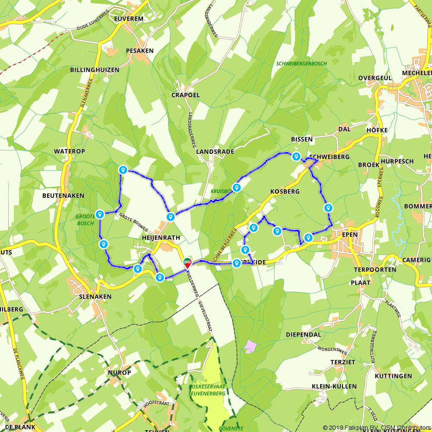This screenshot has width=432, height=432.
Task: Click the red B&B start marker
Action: pyautogui.click(x=187, y=263)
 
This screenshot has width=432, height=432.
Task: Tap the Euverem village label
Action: pyautogui.click(x=128, y=19)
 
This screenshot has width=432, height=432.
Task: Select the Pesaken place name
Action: pyautogui.click(x=140, y=51)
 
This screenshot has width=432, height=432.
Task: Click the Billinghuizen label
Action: pyautogui.click(x=95, y=70)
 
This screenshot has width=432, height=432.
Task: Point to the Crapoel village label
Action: pyautogui.click(x=186, y=95)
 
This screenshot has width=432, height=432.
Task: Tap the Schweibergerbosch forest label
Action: pyautogui.click(x=302, y=64)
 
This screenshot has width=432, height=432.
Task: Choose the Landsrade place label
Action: pyautogui.click(x=215, y=152)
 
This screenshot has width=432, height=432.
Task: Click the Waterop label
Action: pyautogui.click(x=70, y=151)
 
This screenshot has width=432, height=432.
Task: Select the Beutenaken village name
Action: pyautogui.click(x=63, y=196)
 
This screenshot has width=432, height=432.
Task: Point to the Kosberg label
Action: pyautogui.click(x=285, y=191)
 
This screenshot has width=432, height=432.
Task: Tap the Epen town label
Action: pyautogui.click(x=349, y=234)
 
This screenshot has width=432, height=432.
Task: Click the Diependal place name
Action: pyautogui.click(x=303, y=334)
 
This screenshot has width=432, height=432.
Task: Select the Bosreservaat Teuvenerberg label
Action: pyautogui.click(x=207, y=391)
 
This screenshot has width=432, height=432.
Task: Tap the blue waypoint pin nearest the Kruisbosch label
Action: pyautogui.click(x=237, y=187)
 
